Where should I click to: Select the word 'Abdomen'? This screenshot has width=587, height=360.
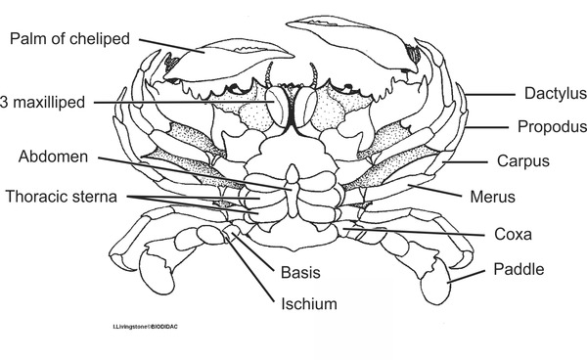click(56, 157)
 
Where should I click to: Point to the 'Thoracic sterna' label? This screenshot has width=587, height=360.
click(62, 197)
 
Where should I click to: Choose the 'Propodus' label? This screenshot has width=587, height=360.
click(552, 127)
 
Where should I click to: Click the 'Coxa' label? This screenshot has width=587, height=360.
click(514, 235)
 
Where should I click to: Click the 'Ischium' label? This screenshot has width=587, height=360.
click(309, 304)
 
